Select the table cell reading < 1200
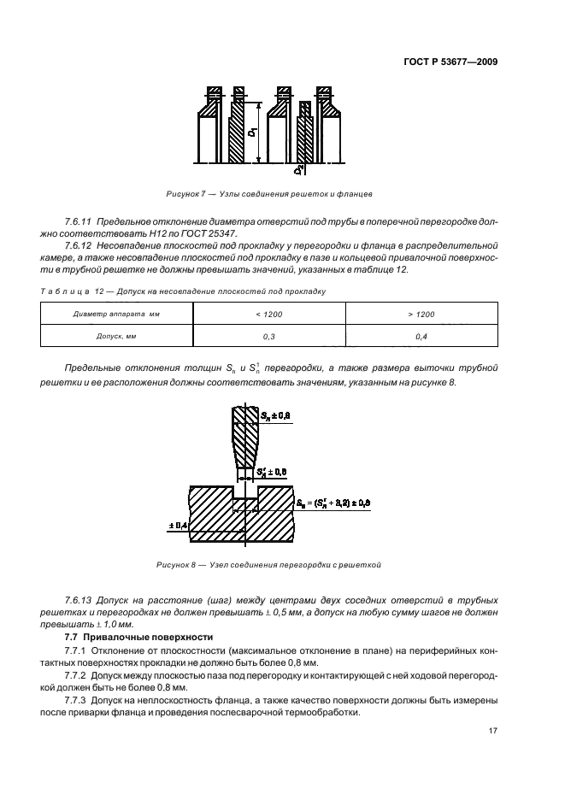[x=264, y=315]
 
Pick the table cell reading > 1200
[x=421, y=315]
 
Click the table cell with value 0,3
[x=264, y=337]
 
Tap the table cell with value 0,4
[x=421, y=337]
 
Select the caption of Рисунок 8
[x=268, y=565]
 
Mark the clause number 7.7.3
[x=78, y=702]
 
